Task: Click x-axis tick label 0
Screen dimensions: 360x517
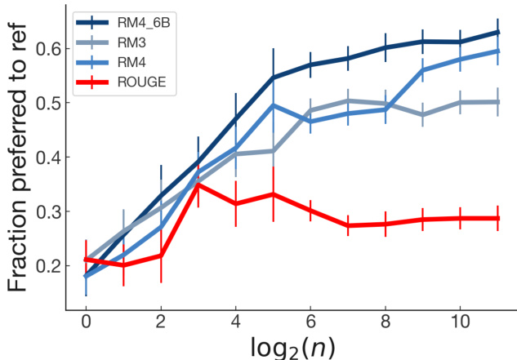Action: [86, 322]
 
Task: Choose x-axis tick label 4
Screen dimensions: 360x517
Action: [236, 322]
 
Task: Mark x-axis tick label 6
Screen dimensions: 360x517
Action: [310, 322]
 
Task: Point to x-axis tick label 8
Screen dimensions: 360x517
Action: [386, 322]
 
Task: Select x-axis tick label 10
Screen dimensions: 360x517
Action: [460, 322]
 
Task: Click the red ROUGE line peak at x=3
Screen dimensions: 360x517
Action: [198, 184]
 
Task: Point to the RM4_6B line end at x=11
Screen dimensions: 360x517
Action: [497, 33]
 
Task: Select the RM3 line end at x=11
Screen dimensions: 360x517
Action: [497, 102]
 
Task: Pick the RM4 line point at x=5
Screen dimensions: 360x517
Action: [274, 105]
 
